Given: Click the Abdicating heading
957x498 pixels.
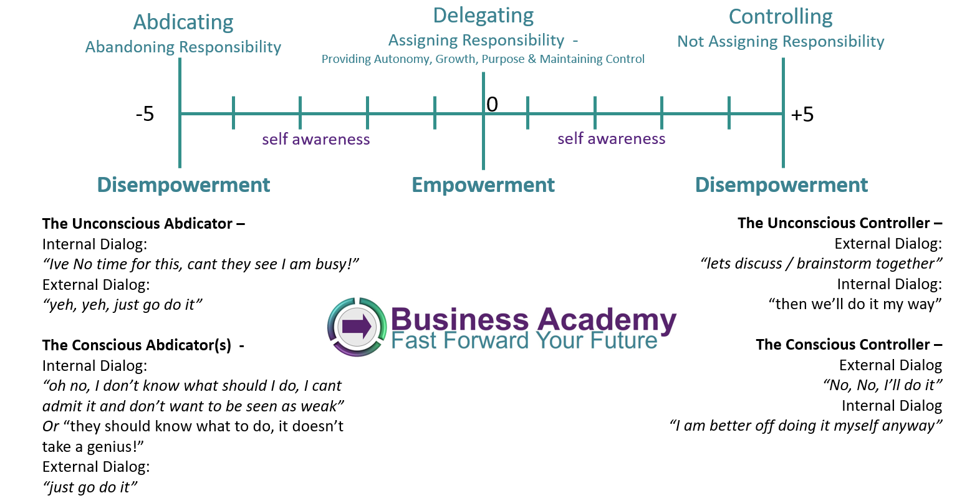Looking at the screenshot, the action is tap(183, 22).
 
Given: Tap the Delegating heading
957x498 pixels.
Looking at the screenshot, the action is tap(483, 16).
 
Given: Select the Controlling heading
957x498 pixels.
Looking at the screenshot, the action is tap(781, 17).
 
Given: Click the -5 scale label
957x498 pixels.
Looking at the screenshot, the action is tap(145, 114).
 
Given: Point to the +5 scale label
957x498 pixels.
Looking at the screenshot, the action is tap(802, 115).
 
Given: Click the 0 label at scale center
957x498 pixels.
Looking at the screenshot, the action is tap(492, 105).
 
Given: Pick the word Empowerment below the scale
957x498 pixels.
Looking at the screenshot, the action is tap(483, 185).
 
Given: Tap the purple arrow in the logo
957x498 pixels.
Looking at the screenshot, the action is tap(357, 327).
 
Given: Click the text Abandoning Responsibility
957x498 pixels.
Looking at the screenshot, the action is tap(183, 47).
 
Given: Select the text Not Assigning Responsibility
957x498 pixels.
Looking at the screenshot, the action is tap(781, 41).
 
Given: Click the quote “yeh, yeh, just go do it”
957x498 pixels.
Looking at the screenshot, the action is tap(122, 305).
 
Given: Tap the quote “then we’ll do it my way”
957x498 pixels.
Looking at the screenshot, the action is tap(855, 304).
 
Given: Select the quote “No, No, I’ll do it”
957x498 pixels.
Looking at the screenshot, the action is tap(882, 385).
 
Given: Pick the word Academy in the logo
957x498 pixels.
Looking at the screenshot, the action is tap(606, 320).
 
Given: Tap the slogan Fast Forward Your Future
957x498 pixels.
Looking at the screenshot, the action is tap(524, 341).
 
